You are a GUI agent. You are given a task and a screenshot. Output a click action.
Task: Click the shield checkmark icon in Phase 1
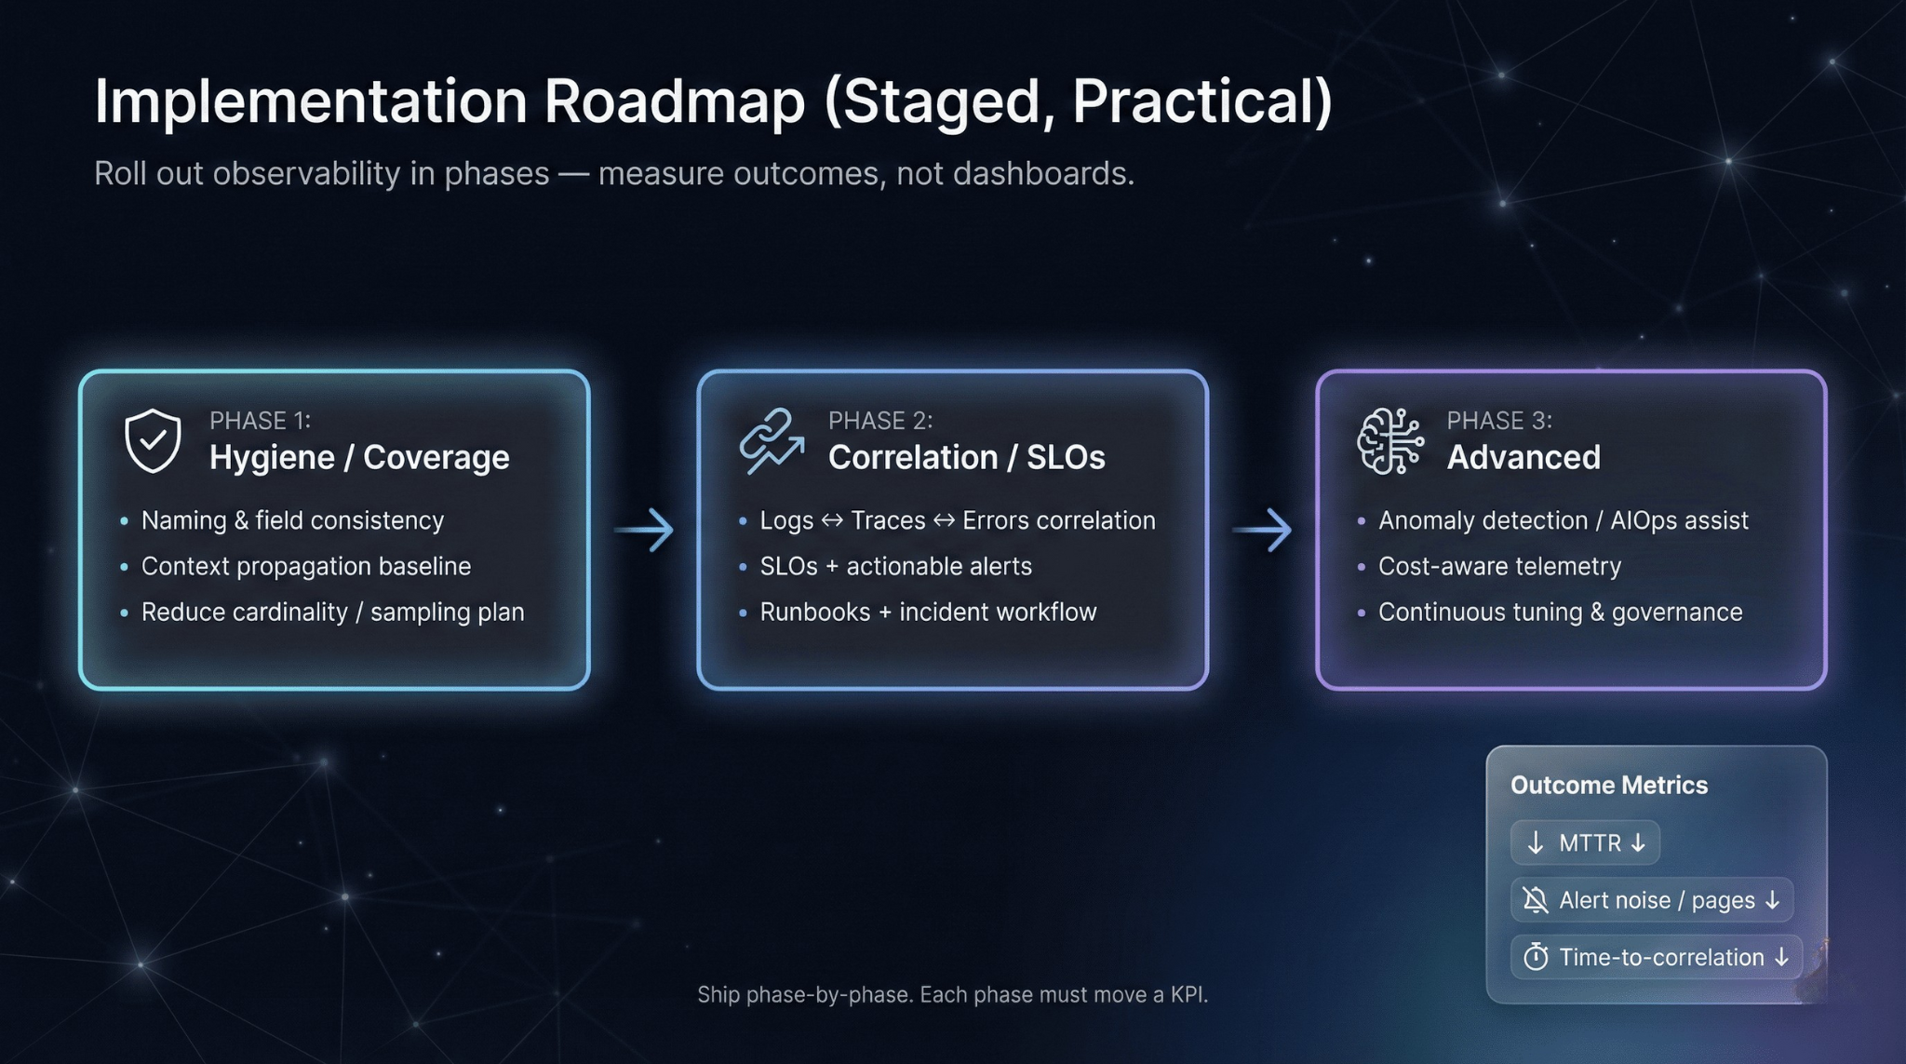click(x=153, y=440)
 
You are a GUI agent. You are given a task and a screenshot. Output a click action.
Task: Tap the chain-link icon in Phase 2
click(x=771, y=440)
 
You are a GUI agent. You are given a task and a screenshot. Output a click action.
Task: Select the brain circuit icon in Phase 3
click(x=1389, y=440)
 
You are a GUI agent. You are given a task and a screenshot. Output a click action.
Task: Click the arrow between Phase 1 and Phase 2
click(x=644, y=530)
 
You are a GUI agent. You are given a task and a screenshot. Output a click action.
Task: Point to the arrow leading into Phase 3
click(x=1262, y=530)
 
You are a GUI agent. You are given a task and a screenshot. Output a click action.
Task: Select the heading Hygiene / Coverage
click(x=359, y=457)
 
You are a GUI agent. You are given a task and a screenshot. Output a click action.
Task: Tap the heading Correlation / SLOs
click(x=966, y=457)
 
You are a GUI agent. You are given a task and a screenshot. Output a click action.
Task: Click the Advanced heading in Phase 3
click(x=1523, y=457)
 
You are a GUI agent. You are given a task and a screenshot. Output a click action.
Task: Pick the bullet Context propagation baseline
click(x=306, y=566)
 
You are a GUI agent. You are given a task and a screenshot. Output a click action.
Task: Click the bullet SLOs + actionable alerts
click(x=895, y=566)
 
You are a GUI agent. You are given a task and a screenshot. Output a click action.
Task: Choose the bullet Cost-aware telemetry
click(x=1499, y=566)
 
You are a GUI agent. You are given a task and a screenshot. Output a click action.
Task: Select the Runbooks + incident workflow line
click(x=928, y=612)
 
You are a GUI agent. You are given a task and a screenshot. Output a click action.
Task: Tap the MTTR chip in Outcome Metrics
click(x=1585, y=842)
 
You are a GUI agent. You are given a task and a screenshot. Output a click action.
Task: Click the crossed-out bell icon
click(x=1535, y=900)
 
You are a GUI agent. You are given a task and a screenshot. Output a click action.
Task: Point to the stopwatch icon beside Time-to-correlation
click(x=1536, y=957)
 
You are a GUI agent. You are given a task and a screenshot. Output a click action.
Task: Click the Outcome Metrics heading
click(x=1609, y=785)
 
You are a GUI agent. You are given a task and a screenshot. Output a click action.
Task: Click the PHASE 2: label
click(x=879, y=421)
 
